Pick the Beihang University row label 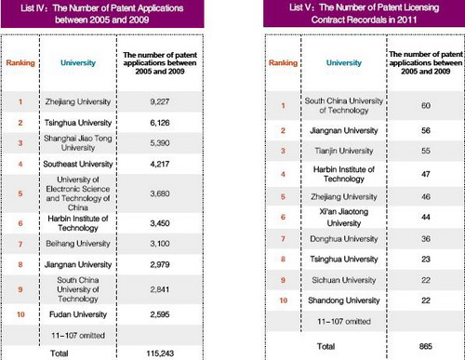coord(77,242)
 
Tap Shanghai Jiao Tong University coord(77,146)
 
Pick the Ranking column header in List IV coord(21,62)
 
